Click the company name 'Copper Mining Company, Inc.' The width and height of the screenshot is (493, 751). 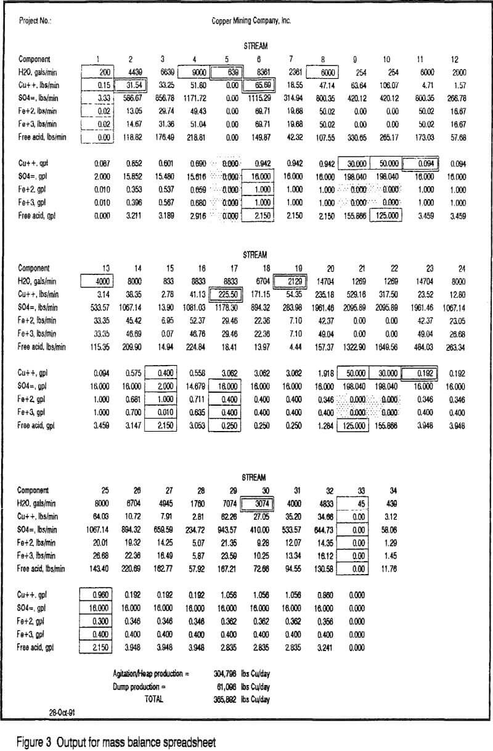[251, 20]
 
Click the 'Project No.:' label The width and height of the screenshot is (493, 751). [35, 20]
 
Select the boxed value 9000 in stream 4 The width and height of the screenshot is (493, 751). [192, 71]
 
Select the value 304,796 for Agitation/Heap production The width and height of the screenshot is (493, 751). [229, 674]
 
